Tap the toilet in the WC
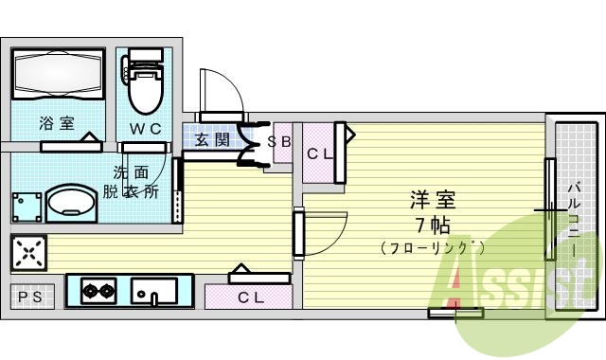(145, 85)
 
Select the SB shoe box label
(279, 143)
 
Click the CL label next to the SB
(318, 153)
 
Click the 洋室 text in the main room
(433, 200)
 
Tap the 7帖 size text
(432, 225)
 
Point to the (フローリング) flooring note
(434, 248)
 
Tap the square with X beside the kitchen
(27, 254)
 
